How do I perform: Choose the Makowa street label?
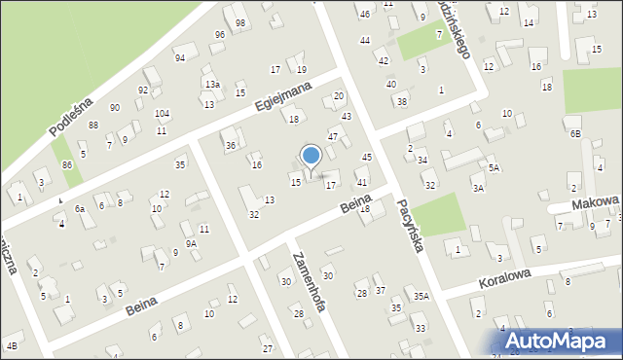[x=596, y=201]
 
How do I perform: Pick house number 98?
[x=240, y=22]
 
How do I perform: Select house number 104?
[x=162, y=114]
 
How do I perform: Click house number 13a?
[x=211, y=86]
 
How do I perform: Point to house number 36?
[x=231, y=146]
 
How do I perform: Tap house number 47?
[x=332, y=137]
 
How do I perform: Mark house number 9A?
[x=192, y=244]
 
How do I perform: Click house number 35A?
[x=421, y=296]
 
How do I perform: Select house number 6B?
[x=574, y=133]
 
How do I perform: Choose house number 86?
[x=66, y=165]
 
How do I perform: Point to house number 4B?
[x=12, y=345]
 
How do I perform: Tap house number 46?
[x=364, y=15]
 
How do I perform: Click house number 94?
[x=180, y=57]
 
